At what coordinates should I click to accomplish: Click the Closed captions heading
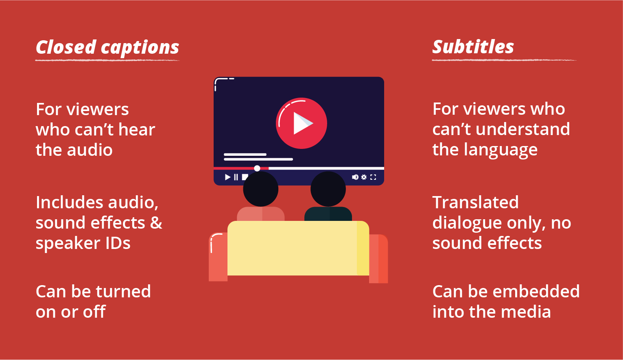[x=107, y=47]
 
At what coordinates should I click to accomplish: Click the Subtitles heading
[x=473, y=46]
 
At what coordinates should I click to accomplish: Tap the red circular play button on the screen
[x=302, y=123]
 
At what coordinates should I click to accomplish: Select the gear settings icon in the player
[x=364, y=177]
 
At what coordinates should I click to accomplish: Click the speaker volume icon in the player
[x=355, y=177]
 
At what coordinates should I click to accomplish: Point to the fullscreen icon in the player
[x=373, y=177]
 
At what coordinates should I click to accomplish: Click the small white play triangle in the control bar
[x=227, y=177]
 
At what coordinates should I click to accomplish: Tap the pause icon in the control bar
[x=236, y=177]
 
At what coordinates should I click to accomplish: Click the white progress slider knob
[x=257, y=168]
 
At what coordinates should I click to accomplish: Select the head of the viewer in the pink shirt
[x=260, y=189]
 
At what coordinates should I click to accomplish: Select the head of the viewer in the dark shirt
[x=328, y=189]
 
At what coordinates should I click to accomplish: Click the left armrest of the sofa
[x=219, y=257]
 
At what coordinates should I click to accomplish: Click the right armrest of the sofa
[x=378, y=259]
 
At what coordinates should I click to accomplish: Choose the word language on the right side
[x=501, y=151]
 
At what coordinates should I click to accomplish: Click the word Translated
[x=476, y=202]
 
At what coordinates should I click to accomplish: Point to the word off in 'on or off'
[x=94, y=311]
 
